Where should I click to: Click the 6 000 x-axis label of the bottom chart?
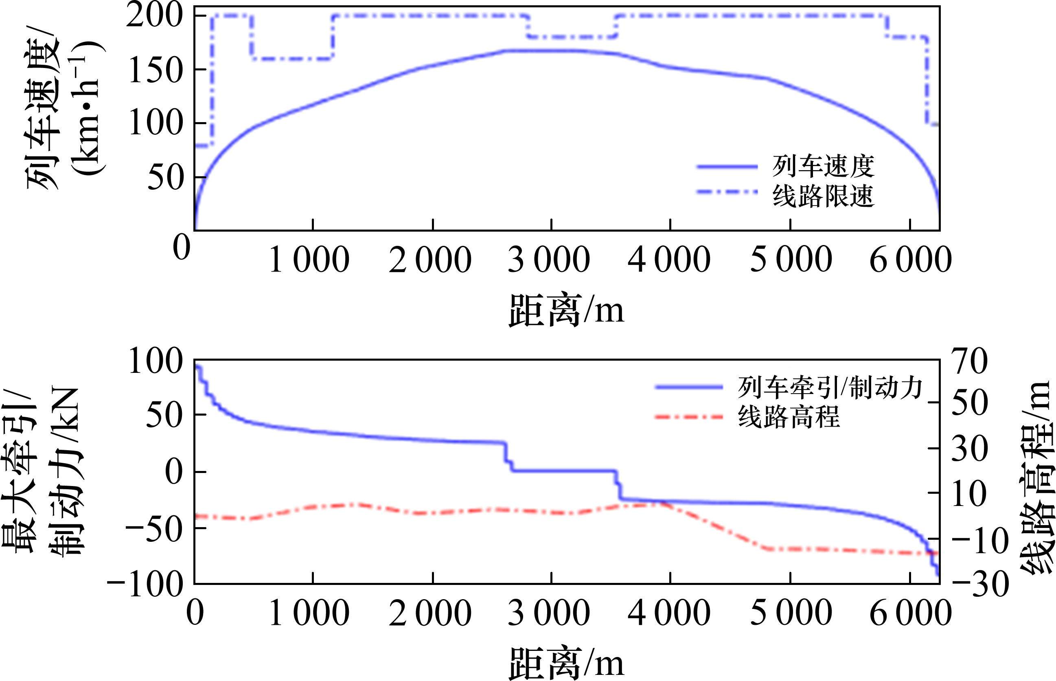[x=911, y=613]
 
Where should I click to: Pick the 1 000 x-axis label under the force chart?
[x=309, y=613]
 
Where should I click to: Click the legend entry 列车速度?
[x=824, y=167]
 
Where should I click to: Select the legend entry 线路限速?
[x=824, y=196]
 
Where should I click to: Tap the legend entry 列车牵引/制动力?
[x=830, y=388]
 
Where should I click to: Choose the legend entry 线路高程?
[x=789, y=417]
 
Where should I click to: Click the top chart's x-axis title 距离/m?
[x=567, y=311]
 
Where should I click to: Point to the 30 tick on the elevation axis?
[x=969, y=450]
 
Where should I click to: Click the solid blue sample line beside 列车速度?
[x=727, y=167]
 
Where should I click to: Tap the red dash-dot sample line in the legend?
[x=688, y=417]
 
